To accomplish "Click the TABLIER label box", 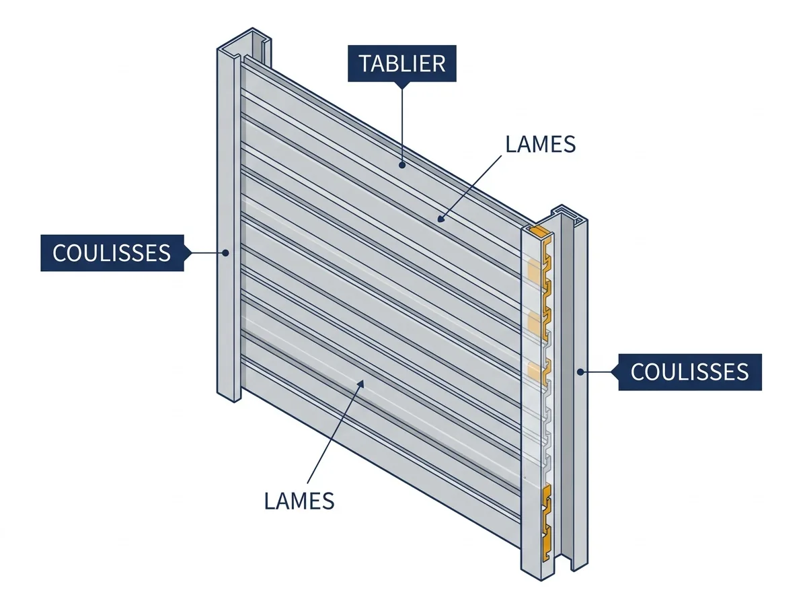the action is tap(402, 63).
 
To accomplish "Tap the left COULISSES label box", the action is tap(112, 253).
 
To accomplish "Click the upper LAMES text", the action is tap(541, 144).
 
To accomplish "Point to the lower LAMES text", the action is tap(299, 501).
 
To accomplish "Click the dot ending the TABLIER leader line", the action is tap(402, 165).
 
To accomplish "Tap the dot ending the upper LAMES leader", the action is tap(440, 219).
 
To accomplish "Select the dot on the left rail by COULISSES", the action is tap(226, 253).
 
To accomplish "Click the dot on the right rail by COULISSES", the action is tap(580, 372).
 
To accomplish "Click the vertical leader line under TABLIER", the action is tap(402, 125).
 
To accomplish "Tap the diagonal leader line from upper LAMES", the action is tap(471, 187).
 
